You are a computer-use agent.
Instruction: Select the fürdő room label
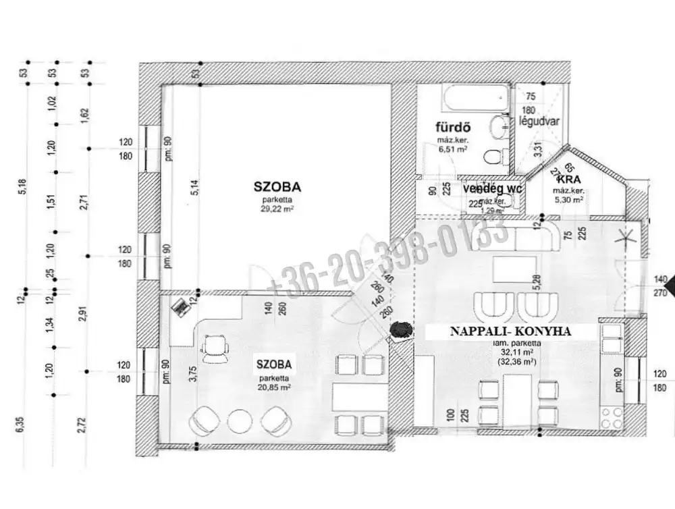[x=452, y=128]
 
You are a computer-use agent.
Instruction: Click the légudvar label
[x=536, y=121]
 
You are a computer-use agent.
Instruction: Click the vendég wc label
[x=493, y=188]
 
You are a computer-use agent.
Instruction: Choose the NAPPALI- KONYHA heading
[x=511, y=331]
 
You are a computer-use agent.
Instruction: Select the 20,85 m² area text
[x=273, y=388]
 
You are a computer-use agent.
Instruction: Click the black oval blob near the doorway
[x=402, y=329]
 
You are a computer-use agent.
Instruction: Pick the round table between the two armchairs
[x=240, y=421]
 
